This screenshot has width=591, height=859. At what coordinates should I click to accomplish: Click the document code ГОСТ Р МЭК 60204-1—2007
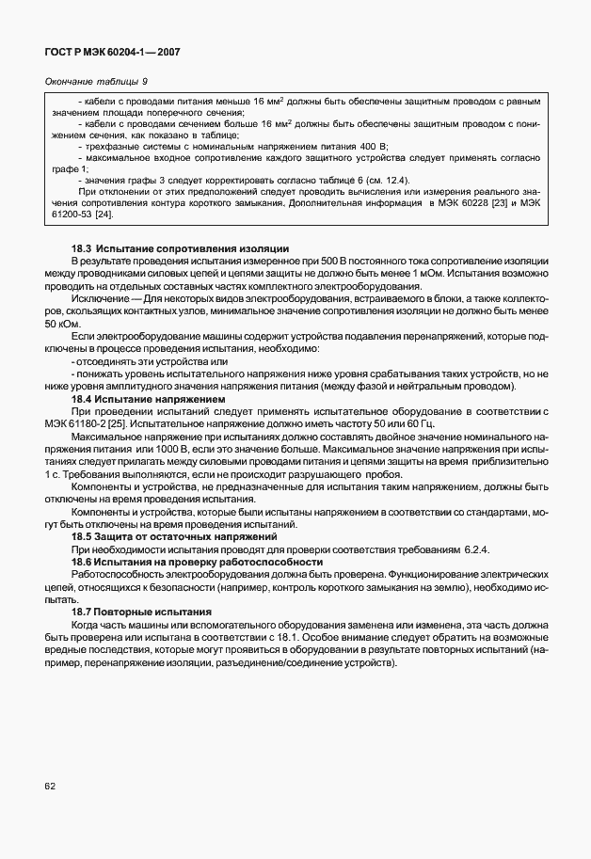[111, 52]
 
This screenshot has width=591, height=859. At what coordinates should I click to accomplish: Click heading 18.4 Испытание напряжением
[138, 399]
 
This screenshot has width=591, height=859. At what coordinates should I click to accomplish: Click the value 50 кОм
[58, 323]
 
